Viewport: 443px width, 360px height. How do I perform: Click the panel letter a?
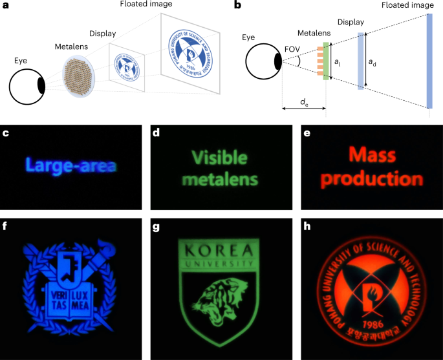pos(6,6)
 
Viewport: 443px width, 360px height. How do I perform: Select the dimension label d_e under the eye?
pos(303,101)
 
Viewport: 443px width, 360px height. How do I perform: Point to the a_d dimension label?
pos(373,62)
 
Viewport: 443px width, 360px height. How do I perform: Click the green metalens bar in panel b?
pos(327,61)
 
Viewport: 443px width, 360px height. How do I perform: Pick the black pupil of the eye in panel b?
pos(277,61)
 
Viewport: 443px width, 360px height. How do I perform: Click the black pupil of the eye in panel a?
pos(41,85)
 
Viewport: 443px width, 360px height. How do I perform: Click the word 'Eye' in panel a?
pos(23,61)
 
